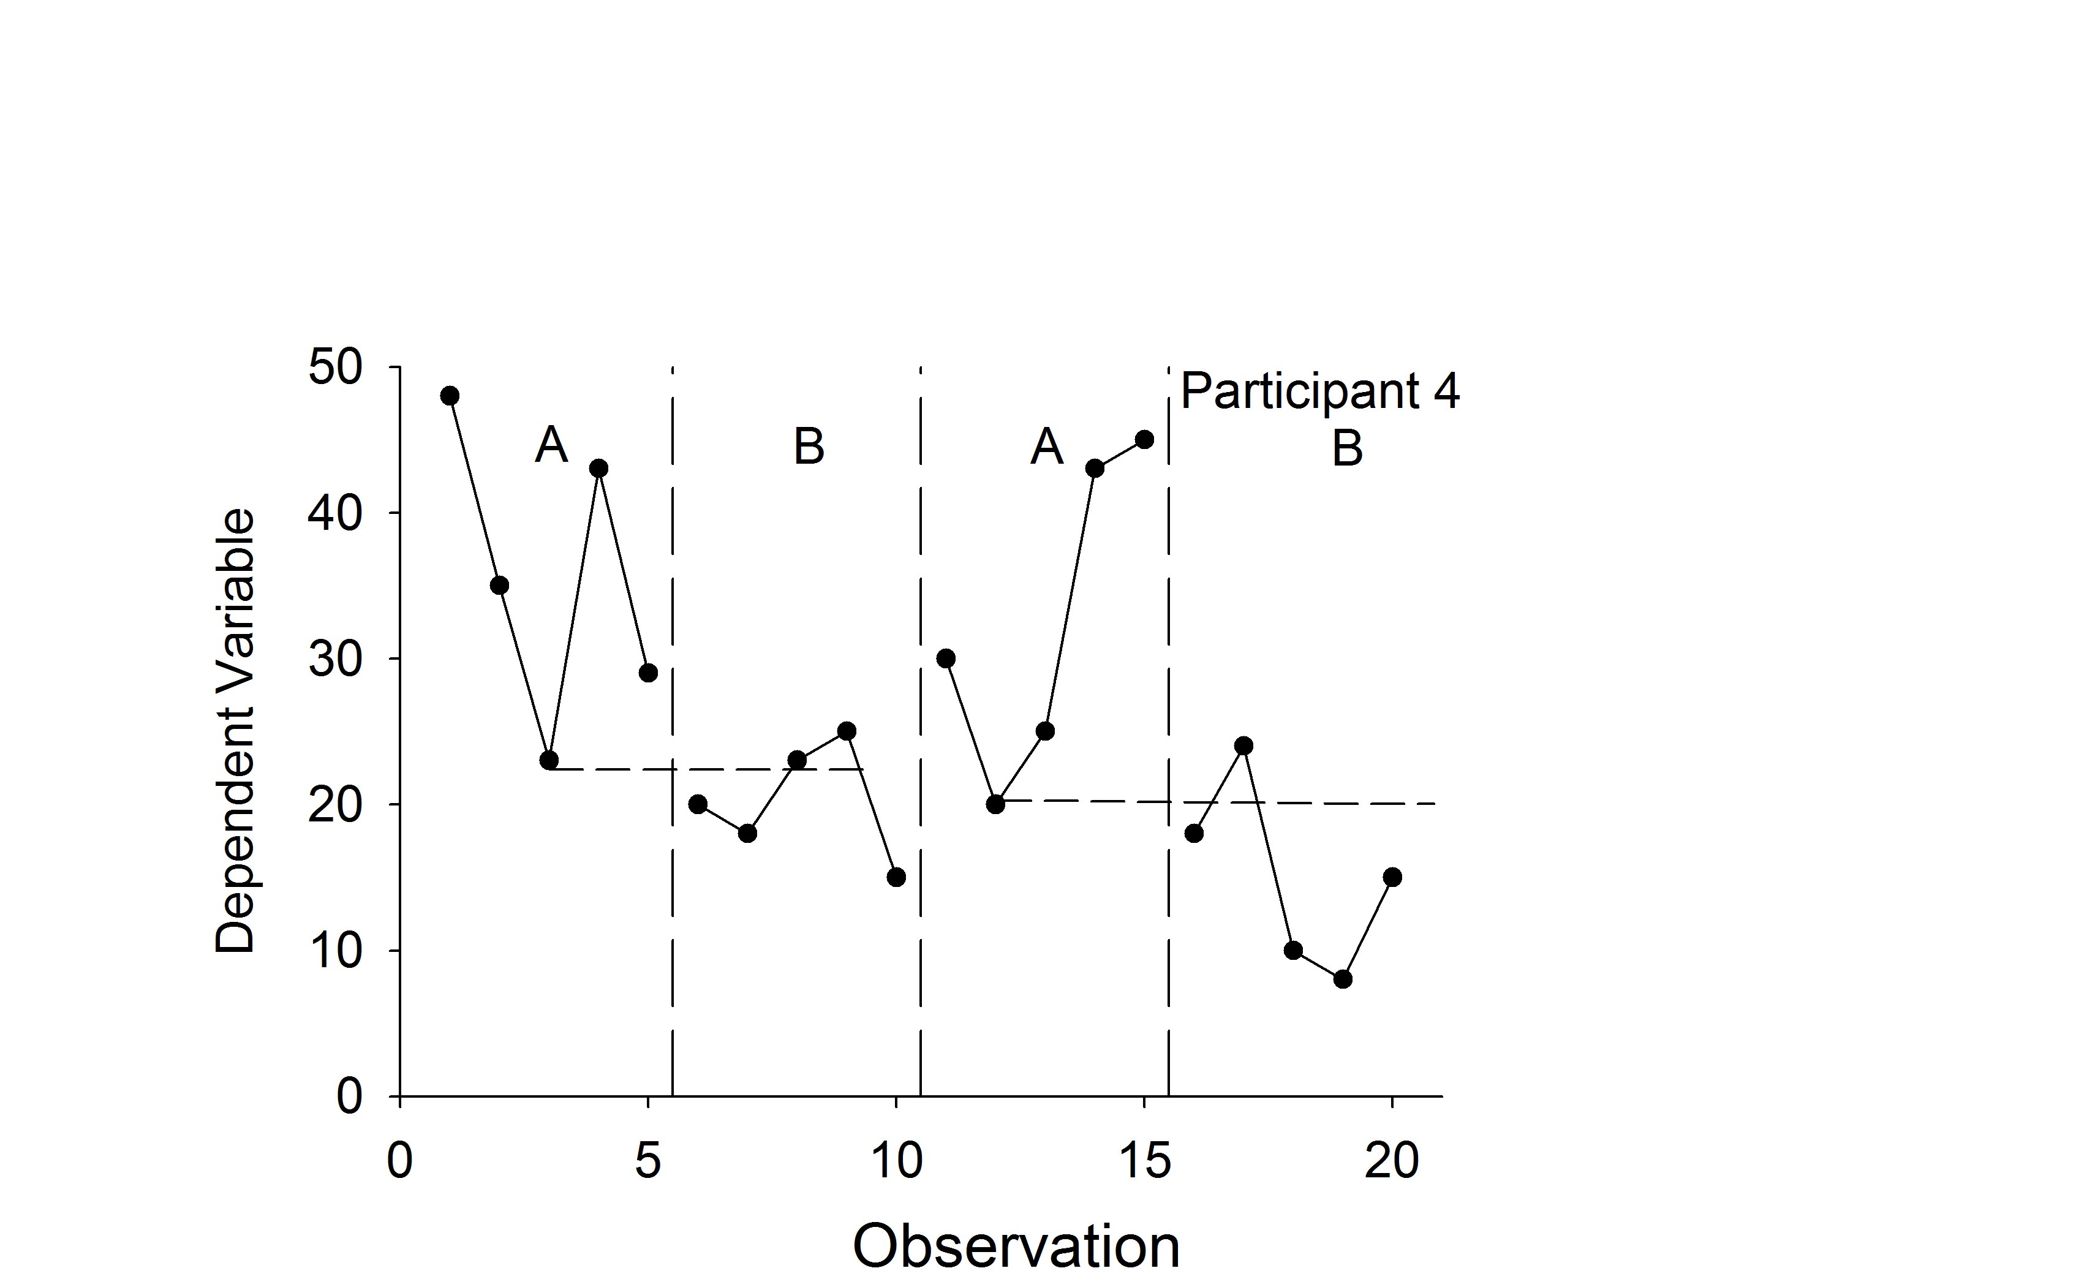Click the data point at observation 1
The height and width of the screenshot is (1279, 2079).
[x=450, y=396]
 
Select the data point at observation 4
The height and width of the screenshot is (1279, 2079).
[x=599, y=469]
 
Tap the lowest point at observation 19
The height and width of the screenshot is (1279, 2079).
[x=1342, y=979]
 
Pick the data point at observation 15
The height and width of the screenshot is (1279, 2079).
[x=1144, y=440]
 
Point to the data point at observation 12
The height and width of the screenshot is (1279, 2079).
[x=995, y=804]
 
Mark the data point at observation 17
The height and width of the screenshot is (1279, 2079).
[x=1243, y=746]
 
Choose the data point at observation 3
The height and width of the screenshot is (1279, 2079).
[x=549, y=760]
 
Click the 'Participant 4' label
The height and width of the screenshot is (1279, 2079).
[x=1319, y=391]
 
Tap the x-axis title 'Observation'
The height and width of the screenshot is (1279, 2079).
[x=1015, y=1246]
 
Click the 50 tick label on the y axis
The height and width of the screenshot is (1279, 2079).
[x=335, y=368]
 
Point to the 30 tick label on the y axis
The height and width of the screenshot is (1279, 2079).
[x=335, y=659]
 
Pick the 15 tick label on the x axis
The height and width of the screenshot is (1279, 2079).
[x=1144, y=1161]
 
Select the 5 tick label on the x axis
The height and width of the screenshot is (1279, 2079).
[x=648, y=1161]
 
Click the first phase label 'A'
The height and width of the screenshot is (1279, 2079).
[x=551, y=445]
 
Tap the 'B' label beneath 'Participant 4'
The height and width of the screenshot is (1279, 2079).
[x=1348, y=448]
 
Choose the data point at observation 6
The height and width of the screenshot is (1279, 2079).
[x=698, y=804]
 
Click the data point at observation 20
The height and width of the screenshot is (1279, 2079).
[x=1392, y=877]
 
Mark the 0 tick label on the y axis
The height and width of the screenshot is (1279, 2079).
[x=349, y=1096]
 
